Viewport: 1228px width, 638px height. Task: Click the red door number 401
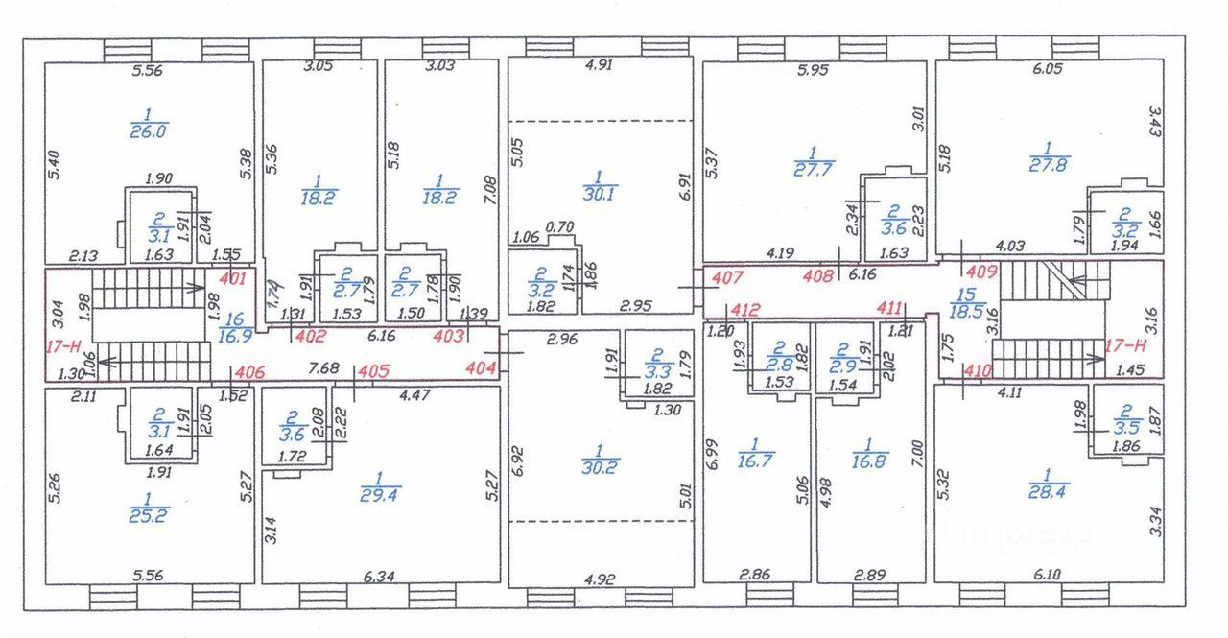[233, 279]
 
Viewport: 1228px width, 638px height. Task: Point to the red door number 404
[480, 368]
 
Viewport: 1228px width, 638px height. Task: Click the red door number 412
[745, 309]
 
